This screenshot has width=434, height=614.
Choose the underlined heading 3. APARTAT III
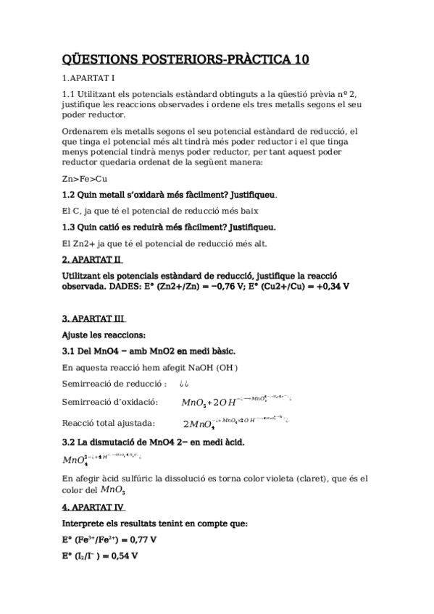pyautogui.click(x=95, y=318)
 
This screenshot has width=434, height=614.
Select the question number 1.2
pyautogui.click(x=70, y=195)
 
